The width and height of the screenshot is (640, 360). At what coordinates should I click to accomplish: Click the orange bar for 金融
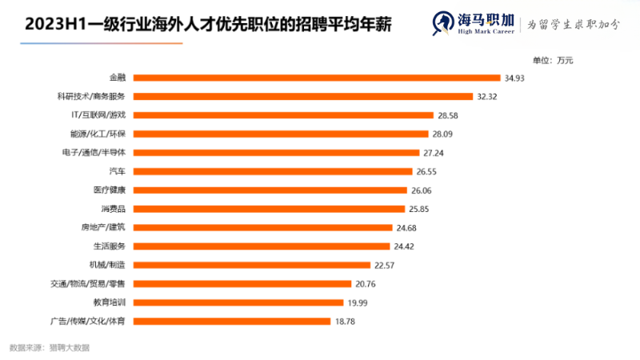tap(316, 78)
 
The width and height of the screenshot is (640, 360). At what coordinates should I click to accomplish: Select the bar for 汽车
tap(272, 171)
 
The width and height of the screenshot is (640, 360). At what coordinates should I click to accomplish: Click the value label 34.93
tap(514, 78)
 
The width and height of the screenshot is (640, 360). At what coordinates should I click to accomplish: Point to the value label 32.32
tap(487, 96)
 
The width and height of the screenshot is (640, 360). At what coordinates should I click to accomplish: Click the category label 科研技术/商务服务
tap(91, 96)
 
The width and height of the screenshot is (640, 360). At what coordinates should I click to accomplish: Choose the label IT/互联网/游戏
tap(98, 115)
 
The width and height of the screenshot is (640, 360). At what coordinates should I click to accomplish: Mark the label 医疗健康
tap(110, 190)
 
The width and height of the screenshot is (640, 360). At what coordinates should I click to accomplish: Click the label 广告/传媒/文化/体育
tap(88, 322)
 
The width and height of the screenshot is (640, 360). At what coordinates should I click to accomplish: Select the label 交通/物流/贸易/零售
tap(87, 284)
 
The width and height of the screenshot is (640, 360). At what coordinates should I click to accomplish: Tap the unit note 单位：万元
tap(553, 60)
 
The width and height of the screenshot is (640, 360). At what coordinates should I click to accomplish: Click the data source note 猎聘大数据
tap(69, 348)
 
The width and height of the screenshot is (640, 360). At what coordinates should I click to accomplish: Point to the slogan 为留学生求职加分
tap(573, 24)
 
